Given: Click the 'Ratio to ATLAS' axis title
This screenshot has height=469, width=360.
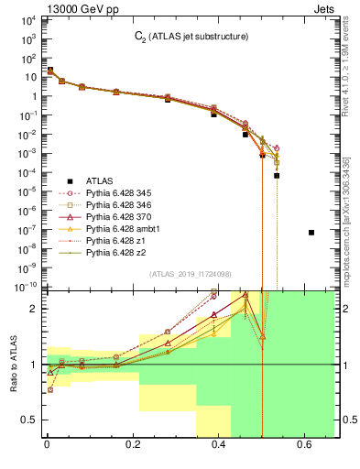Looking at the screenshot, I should (x=12, y=365).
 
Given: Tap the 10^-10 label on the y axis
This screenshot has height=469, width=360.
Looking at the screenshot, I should (x=25, y=287).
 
